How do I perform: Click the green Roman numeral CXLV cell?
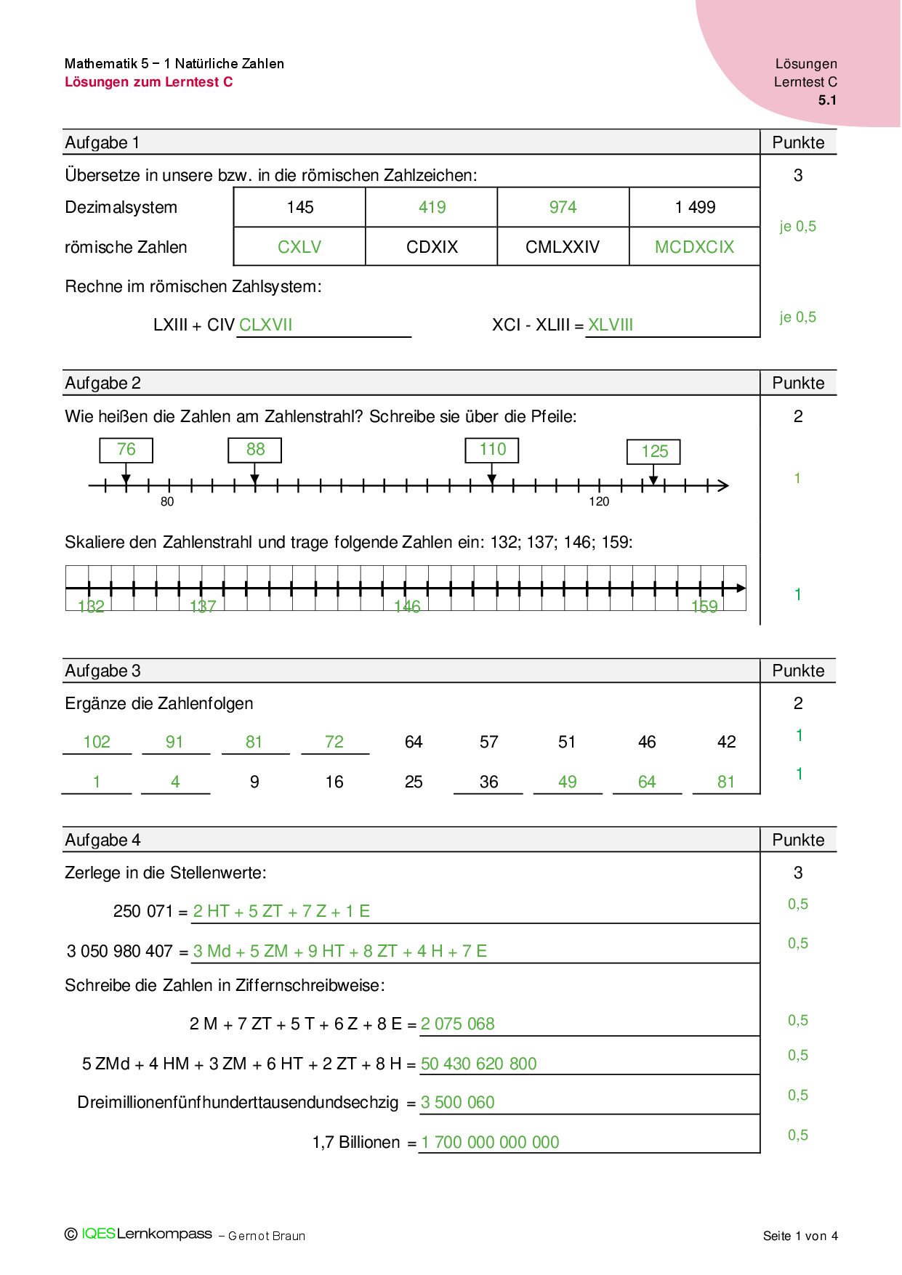point(299,247)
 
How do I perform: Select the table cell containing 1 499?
point(695,208)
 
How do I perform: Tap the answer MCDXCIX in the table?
point(694,247)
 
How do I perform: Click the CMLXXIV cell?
point(563,247)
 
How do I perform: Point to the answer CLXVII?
point(266,325)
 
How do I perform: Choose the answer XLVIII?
point(611,325)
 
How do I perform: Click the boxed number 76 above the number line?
point(126,450)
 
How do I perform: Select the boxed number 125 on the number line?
point(654,452)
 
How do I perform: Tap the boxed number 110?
point(493,450)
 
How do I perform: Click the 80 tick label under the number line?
point(167,502)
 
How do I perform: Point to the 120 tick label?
point(599,502)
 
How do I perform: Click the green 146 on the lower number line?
point(407,607)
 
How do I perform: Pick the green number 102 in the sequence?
point(97,742)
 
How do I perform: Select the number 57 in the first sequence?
point(489,742)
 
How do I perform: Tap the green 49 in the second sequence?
point(568,782)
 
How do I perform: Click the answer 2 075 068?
point(458,1024)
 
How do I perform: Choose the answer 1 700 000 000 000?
point(491,1142)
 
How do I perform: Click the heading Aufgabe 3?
point(103,671)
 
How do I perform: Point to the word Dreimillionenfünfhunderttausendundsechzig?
point(238,1103)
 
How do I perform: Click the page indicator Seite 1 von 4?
point(800,1236)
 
